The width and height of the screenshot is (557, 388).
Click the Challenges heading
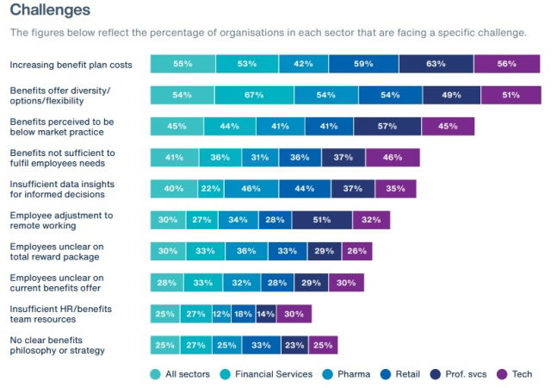[49, 10]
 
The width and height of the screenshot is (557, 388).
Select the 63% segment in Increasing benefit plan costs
[436, 64]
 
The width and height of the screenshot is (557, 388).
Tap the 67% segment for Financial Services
[254, 95]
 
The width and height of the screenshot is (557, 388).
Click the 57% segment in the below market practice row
[387, 126]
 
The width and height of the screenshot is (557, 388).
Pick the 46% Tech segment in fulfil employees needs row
[393, 157]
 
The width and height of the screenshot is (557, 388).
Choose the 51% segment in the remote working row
[322, 220]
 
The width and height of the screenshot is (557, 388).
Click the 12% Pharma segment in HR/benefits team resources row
[222, 314]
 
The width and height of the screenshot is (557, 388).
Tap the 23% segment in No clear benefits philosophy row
[294, 345]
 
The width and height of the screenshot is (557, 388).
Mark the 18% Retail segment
[244, 314]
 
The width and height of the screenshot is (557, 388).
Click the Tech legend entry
[515, 374]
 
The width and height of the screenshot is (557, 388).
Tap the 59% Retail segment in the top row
[363, 64]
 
